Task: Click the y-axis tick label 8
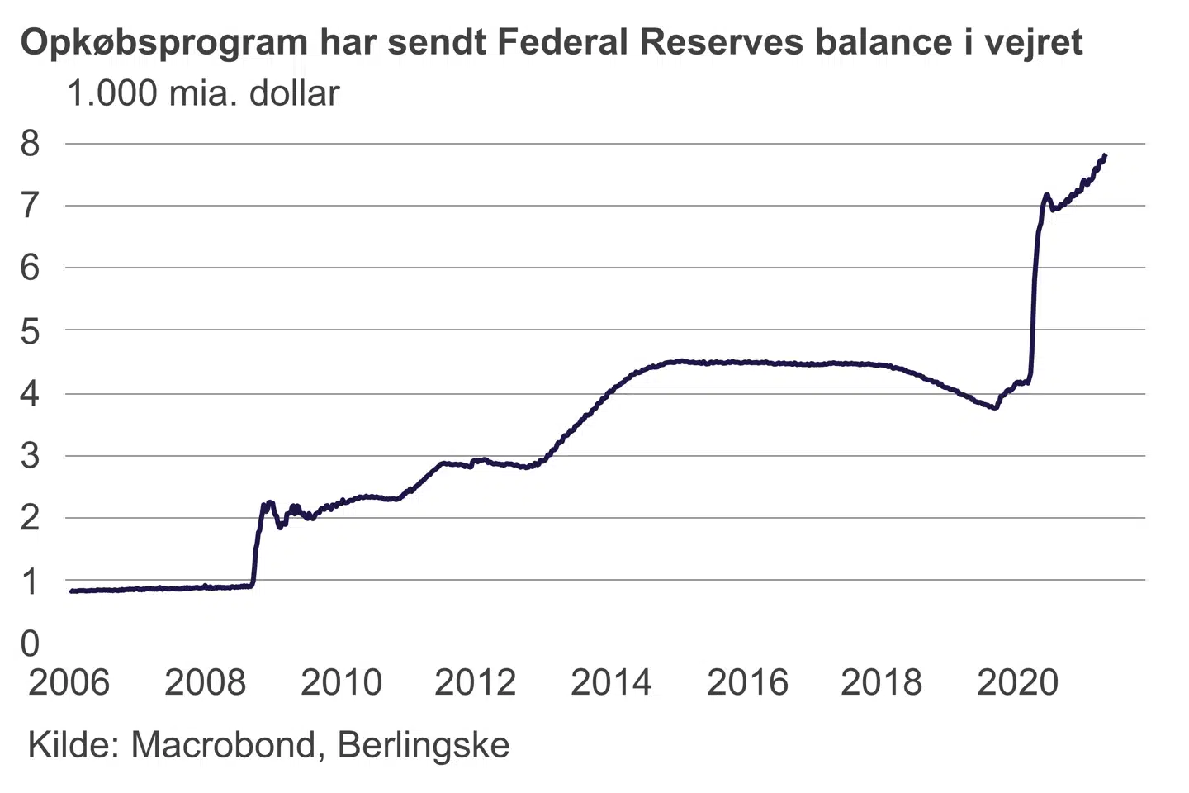(x=30, y=144)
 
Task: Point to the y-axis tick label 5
(x=30, y=332)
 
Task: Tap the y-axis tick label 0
(x=30, y=643)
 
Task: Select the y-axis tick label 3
(x=30, y=456)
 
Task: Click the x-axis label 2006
(x=69, y=682)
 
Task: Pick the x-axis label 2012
(x=475, y=682)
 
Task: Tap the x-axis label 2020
(x=1017, y=682)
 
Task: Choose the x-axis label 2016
(x=747, y=682)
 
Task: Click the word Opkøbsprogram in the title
(x=163, y=43)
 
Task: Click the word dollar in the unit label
(x=295, y=94)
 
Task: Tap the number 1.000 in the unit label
(x=112, y=94)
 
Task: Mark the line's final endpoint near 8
(x=1105, y=155)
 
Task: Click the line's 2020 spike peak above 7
(x=1046, y=195)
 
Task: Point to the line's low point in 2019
(x=996, y=407)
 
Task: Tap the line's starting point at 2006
(x=71, y=591)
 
